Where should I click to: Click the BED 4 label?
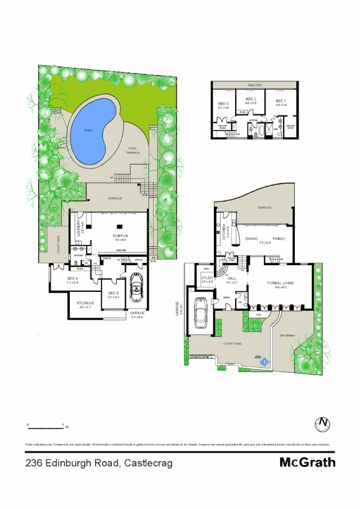[72, 278]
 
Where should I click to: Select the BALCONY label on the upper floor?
[255, 85]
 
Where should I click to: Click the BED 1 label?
[280, 101]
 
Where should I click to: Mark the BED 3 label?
[224, 103]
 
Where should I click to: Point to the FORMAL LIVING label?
[281, 282]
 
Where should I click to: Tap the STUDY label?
[206, 278]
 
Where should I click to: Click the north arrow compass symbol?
[323, 423]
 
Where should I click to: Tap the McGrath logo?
[307, 463]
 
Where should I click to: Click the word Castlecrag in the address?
[148, 463]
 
